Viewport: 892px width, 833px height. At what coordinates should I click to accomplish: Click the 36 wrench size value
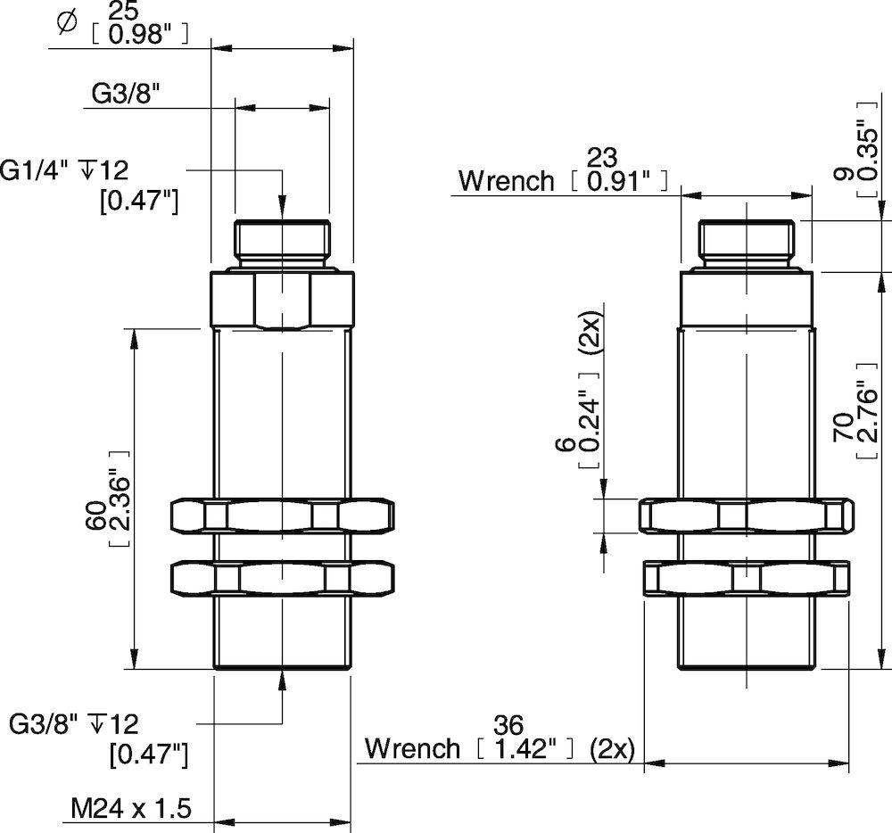(511, 724)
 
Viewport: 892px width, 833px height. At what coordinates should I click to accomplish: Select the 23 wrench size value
(602, 158)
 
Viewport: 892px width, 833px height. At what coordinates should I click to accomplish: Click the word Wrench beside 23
(506, 181)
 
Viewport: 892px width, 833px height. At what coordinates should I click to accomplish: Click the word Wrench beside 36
(412, 748)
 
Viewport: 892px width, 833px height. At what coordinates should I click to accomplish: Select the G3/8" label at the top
(125, 93)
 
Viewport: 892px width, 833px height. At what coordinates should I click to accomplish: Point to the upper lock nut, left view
(282, 516)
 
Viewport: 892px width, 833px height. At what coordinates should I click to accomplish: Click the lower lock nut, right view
(746, 578)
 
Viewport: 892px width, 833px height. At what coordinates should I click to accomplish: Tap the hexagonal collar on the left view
(282, 301)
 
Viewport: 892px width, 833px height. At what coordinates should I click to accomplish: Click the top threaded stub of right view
(745, 242)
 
